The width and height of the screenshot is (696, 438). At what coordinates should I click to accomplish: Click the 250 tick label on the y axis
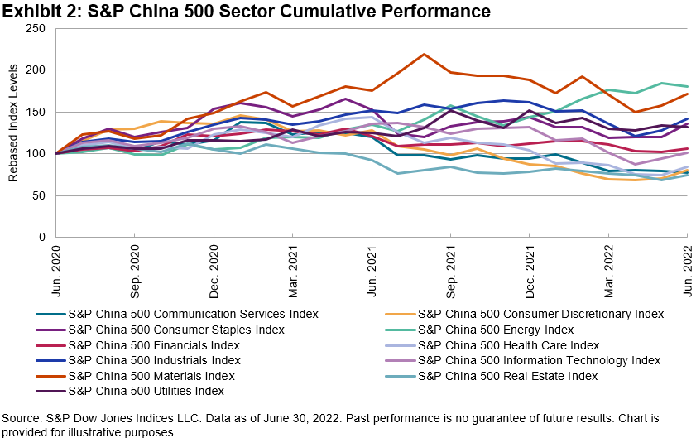(36, 28)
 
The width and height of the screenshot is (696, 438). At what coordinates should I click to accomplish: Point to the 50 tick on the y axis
(39, 195)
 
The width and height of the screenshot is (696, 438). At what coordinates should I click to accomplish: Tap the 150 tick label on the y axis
(36, 112)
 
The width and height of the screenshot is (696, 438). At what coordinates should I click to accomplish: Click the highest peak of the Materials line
(424, 55)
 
